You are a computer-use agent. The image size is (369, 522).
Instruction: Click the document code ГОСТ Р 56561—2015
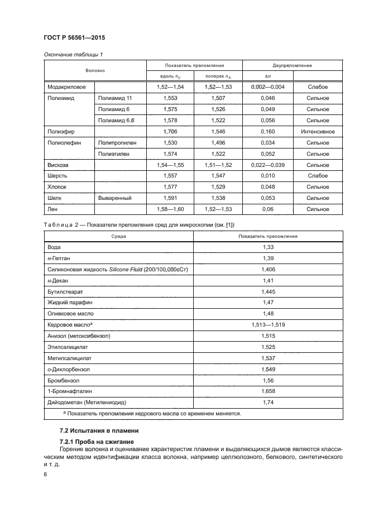point(74,37)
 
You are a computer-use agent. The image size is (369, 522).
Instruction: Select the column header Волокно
point(95,71)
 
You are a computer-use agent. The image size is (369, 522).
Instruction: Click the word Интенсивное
point(318,132)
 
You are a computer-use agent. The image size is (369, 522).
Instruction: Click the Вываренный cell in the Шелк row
point(114,198)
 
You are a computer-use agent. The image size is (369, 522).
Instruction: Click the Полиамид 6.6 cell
point(116,121)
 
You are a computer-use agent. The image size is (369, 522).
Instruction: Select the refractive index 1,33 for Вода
point(269,247)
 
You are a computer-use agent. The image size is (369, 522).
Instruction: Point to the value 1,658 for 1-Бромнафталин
point(269,391)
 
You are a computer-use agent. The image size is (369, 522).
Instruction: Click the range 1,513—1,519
point(269,325)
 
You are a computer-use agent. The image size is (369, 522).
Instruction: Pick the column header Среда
point(118,236)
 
